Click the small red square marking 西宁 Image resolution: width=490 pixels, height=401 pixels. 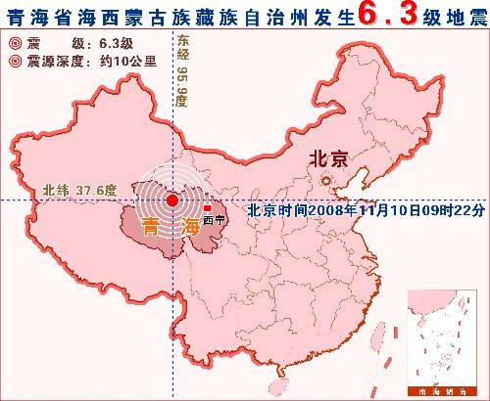tap(208, 207)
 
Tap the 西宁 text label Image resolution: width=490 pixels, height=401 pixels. tap(214, 219)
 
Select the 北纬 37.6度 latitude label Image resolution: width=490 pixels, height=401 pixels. tap(78, 191)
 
